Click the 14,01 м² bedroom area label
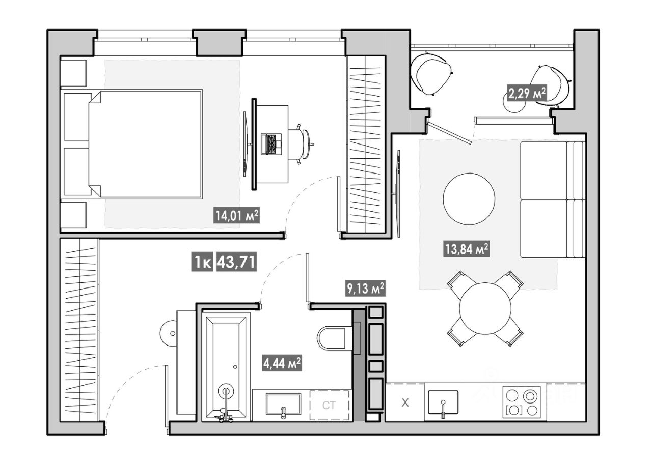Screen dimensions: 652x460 pyautogui.click(x=237, y=215)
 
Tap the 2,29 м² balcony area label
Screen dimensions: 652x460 pyautogui.click(x=527, y=93)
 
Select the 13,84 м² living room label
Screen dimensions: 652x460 pyautogui.click(x=466, y=249)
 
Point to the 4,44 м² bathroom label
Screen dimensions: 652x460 pyautogui.click(x=282, y=363)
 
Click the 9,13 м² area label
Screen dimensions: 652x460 pyautogui.click(x=366, y=288)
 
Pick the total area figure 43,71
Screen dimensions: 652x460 pyautogui.click(x=236, y=262)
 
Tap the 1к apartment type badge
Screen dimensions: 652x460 pyautogui.click(x=202, y=262)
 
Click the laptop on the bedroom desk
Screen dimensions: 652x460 pyautogui.click(x=271, y=144)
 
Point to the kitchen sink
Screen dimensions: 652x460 pyautogui.click(x=443, y=402)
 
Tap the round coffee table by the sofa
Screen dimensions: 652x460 pyautogui.click(x=469, y=199)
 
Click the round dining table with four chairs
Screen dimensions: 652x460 pyautogui.click(x=485, y=308)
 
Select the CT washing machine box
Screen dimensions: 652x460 pyautogui.click(x=329, y=406)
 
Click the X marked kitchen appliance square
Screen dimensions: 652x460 pyautogui.click(x=405, y=402)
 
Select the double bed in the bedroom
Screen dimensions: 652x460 pyautogui.click(x=145, y=144)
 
